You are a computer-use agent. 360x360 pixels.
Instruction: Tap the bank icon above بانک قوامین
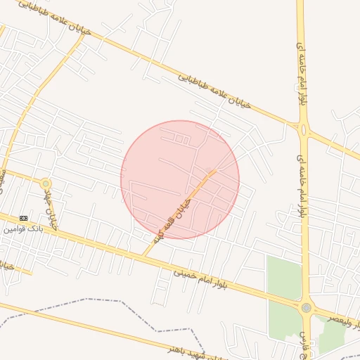pyautogui.click(x=23, y=218)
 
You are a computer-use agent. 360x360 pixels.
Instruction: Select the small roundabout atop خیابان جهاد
pyautogui.click(x=46, y=184)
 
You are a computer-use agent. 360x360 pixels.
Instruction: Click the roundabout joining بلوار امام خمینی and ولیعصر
pyautogui.click(x=306, y=307)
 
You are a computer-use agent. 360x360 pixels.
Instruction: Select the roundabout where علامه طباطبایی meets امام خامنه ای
pyautogui.click(x=304, y=129)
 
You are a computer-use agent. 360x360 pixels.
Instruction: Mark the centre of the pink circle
pyautogui.click(x=180, y=179)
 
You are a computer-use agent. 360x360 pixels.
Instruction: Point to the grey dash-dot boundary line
pyautogui.click(x=105, y=300)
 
